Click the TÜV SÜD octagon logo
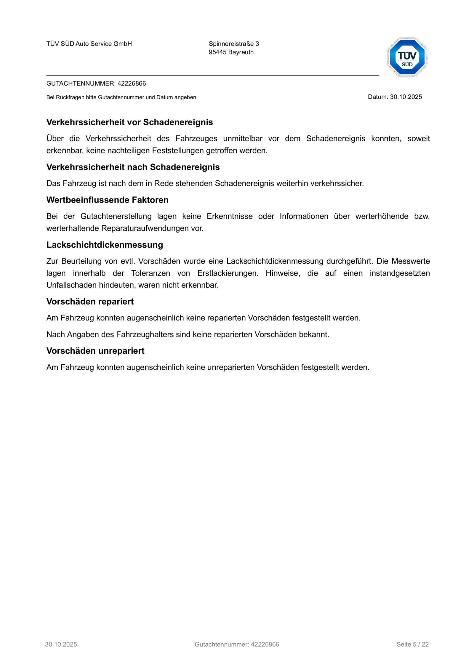[x=407, y=57]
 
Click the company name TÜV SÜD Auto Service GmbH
[x=89, y=44]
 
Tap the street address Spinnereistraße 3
[x=234, y=44]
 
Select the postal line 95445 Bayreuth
[x=231, y=52]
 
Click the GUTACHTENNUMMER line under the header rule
[x=96, y=84]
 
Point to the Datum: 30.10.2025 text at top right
[x=395, y=97]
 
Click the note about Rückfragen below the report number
[x=121, y=97]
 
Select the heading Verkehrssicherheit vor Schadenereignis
[x=129, y=122]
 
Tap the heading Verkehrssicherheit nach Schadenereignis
[x=133, y=167]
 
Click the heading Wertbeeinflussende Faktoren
[x=107, y=200]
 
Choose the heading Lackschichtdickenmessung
[x=105, y=245]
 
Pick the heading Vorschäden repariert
[x=90, y=302]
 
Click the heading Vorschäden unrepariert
[x=95, y=351]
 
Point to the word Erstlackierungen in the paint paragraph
[x=228, y=273]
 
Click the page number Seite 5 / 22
[x=412, y=645]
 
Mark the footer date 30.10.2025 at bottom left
[x=61, y=645]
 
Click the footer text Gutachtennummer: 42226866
[x=237, y=645]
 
